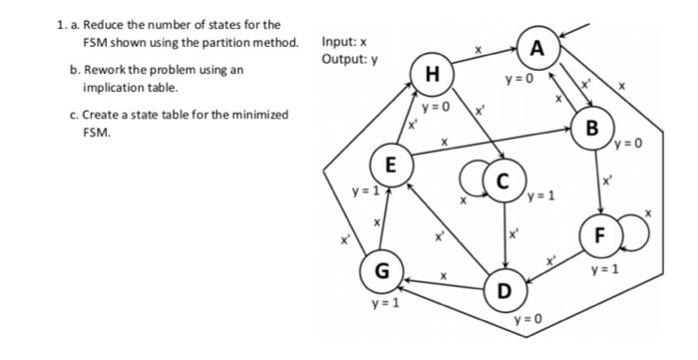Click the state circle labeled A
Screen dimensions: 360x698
click(x=538, y=48)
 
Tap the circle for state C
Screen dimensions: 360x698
click(x=505, y=182)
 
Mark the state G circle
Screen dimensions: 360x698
click(x=380, y=270)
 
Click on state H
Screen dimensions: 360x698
click(x=432, y=74)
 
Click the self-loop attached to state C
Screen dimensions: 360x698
click(x=474, y=184)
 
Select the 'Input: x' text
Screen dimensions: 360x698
click(x=344, y=42)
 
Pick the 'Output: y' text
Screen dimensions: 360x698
click(x=348, y=58)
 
